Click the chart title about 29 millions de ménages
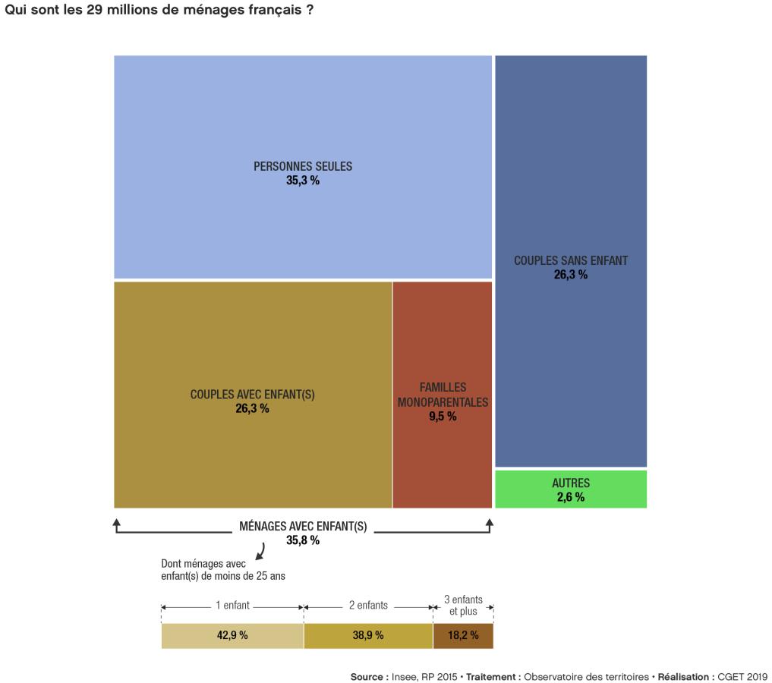[159, 12]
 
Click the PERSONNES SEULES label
[303, 166]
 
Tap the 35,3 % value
[303, 181]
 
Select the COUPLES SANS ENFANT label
[571, 260]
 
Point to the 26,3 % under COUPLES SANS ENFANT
[571, 275]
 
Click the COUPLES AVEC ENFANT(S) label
[252, 395]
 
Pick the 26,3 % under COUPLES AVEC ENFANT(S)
[252, 409]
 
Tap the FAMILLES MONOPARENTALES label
[443, 395]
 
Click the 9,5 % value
[443, 417]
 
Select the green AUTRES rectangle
[571, 489]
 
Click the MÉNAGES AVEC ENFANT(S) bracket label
[303, 527]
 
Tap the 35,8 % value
[303, 541]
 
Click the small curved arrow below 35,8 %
[261, 552]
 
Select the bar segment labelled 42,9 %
[232, 636]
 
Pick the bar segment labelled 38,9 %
[368, 636]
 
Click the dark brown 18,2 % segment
[463, 636]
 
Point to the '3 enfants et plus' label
[463, 605]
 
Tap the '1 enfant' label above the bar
[232, 606]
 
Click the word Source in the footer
[368, 677]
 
